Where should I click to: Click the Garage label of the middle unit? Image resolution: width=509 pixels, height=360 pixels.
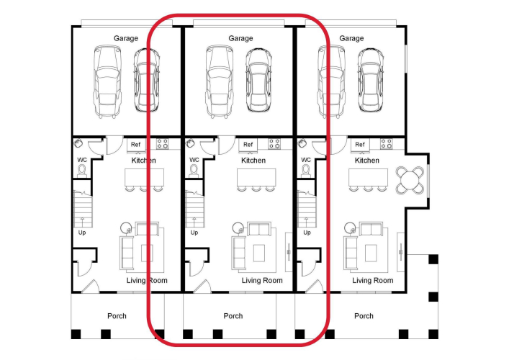click(x=240, y=38)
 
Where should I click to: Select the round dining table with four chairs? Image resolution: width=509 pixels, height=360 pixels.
click(x=410, y=180)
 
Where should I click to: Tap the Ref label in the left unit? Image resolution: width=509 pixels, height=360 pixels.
click(x=135, y=145)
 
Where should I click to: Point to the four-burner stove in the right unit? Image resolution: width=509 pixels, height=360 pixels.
click(x=387, y=144)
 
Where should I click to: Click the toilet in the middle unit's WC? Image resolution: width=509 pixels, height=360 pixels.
click(x=194, y=171)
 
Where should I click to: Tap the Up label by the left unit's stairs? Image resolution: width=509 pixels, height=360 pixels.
click(x=82, y=233)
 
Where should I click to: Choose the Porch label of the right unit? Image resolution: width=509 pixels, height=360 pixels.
click(x=364, y=316)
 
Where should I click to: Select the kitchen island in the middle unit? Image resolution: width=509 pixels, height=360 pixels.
click(x=256, y=177)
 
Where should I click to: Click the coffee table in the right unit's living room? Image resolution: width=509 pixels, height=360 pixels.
click(x=371, y=253)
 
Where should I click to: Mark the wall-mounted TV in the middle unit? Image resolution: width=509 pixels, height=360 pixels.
click(x=289, y=252)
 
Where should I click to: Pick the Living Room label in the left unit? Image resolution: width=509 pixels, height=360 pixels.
click(x=147, y=281)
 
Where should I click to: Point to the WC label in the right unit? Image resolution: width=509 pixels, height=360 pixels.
click(x=306, y=160)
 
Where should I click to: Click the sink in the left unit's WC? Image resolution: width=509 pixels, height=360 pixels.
click(x=78, y=143)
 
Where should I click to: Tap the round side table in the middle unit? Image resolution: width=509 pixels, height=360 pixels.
click(x=238, y=228)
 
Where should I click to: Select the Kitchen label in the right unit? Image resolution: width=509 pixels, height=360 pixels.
click(x=367, y=161)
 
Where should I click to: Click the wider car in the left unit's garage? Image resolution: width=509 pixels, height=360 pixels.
click(x=108, y=81)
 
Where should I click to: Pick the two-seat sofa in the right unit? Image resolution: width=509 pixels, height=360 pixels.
click(x=371, y=229)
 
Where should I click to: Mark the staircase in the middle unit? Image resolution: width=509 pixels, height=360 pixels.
click(x=194, y=209)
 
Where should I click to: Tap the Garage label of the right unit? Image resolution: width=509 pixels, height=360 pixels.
click(x=351, y=38)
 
